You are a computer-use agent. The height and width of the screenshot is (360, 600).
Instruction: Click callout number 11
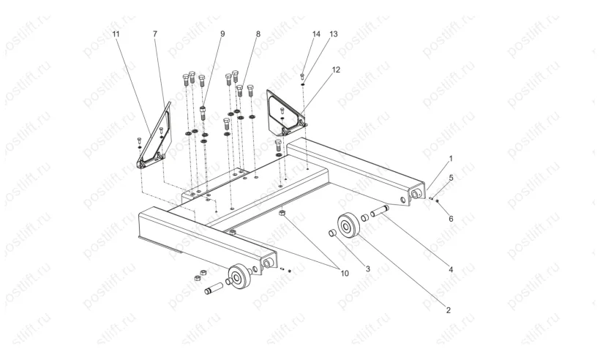pyautogui.click(x=116, y=34)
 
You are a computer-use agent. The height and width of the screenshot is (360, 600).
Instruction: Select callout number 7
pyautogui.click(x=155, y=34)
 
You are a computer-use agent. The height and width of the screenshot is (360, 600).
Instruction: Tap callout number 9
pyautogui.click(x=222, y=34)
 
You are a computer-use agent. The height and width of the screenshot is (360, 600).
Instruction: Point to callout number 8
pyautogui.click(x=258, y=34)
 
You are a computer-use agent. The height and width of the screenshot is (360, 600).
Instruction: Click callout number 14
pyautogui.click(x=316, y=34)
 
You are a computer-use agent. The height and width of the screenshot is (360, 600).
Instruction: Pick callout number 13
pyautogui.click(x=334, y=34)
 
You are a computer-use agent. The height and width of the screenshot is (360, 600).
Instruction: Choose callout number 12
pyautogui.click(x=336, y=70)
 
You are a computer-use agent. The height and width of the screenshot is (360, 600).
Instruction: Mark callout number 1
pyautogui.click(x=451, y=158)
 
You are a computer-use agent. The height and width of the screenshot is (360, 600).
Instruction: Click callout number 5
pyautogui.click(x=451, y=178)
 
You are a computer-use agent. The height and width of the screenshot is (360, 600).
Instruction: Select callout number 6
pyautogui.click(x=451, y=219)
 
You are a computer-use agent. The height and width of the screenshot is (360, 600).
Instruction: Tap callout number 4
pyautogui.click(x=451, y=270)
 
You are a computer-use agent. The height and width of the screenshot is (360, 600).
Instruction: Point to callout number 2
pyautogui.click(x=449, y=310)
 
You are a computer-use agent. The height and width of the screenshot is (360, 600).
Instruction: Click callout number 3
pyautogui.click(x=368, y=269)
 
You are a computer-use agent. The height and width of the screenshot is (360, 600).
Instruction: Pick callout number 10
pyautogui.click(x=345, y=273)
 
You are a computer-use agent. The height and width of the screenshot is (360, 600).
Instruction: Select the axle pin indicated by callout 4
pyautogui.click(x=380, y=211)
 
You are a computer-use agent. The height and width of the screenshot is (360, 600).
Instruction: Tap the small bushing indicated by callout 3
pyautogui.click(x=333, y=233)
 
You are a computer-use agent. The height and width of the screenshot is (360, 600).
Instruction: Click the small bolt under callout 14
pyautogui.click(x=302, y=77)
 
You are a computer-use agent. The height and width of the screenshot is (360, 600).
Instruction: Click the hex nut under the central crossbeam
pyautogui.click(x=282, y=212)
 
